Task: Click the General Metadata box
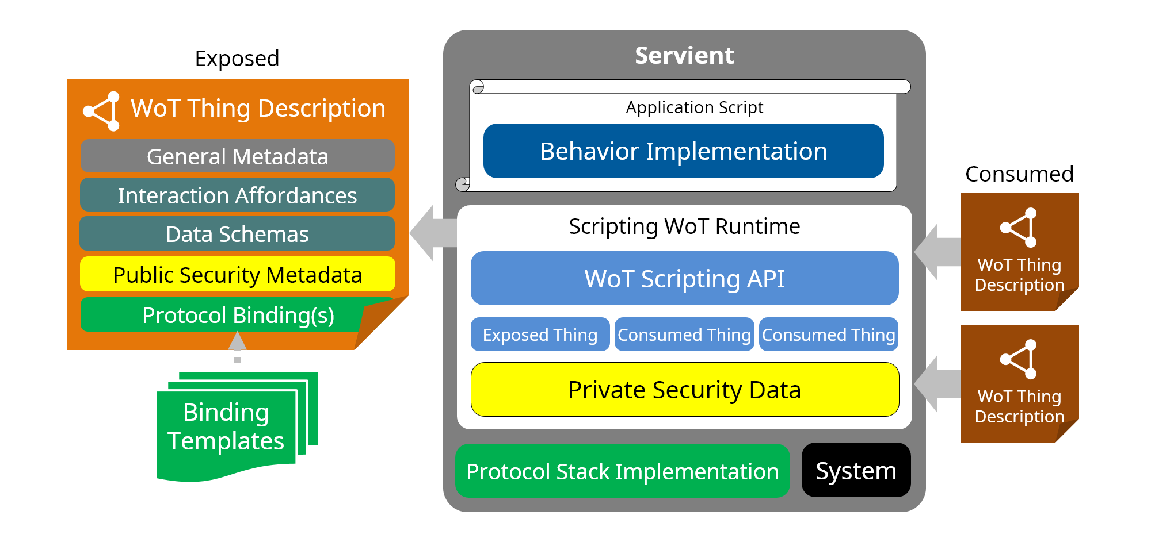pos(237,156)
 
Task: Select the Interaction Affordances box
pos(237,195)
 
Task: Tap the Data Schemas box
pos(237,234)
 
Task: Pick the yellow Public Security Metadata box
pos(237,275)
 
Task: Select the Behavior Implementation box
pos(683,151)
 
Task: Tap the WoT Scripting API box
pos(684,279)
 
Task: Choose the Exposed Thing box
pos(540,335)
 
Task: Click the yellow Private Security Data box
pos(684,390)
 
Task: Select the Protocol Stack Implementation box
pos(622,471)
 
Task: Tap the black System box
pos(856,471)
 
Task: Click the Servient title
pos(684,56)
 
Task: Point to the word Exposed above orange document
pos(237,59)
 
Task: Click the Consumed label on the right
pos(1019,174)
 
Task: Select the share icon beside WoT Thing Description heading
pos(102,111)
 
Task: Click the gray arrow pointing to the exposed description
pos(432,233)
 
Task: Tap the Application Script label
pos(694,107)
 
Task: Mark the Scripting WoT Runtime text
pos(684,226)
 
